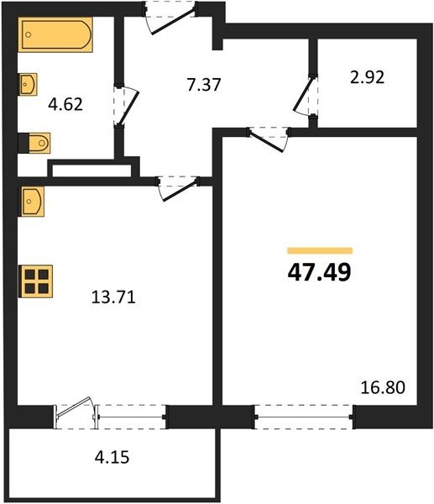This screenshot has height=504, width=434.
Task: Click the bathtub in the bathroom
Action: click(55, 34)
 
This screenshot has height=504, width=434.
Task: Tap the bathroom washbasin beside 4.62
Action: click(29, 84)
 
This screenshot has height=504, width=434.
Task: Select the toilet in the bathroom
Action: click(34, 143)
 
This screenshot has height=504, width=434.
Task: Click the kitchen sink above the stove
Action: click(32, 202)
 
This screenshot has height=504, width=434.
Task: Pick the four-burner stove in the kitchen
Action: click(35, 281)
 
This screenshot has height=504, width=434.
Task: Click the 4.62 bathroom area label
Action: click(65, 104)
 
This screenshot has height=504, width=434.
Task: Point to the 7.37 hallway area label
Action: click(204, 85)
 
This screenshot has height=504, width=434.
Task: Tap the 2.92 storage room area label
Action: click(367, 77)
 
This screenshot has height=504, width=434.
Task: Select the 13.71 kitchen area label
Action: click(113, 297)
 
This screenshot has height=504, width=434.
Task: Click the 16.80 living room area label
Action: click(383, 387)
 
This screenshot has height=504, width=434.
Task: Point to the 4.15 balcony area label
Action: click(112, 457)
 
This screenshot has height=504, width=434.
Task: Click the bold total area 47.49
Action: click(319, 272)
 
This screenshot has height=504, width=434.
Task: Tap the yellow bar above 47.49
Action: click(320, 250)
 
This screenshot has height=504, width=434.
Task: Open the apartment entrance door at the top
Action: click(170, 18)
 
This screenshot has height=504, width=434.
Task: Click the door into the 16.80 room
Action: click(269, 139)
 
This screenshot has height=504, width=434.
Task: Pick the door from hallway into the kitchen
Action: click(178, 189)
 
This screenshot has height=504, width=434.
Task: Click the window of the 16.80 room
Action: click(304, 417)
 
